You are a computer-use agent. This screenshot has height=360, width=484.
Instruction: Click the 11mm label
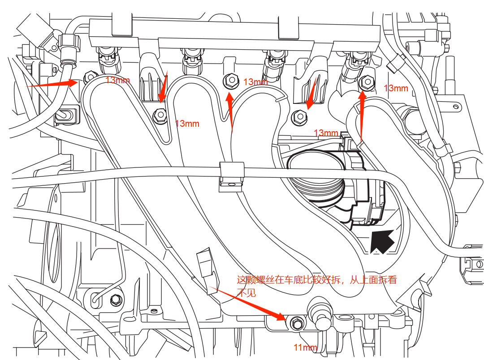coord(305,347)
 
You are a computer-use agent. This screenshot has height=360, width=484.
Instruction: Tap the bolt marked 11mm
coord(296,322)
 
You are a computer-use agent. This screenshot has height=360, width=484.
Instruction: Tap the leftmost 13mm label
coord(117,80)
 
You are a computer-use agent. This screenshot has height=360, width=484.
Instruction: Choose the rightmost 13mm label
coord(396,88)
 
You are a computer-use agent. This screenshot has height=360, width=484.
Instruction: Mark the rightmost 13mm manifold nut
coord(367,82)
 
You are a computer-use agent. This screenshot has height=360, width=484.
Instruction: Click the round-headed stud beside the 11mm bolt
coord(321,317)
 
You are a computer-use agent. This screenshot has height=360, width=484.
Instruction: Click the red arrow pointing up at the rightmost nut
coord(362,116)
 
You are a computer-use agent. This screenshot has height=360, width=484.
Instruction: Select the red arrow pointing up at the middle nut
coord(231,112)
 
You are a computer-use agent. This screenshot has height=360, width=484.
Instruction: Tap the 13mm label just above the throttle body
coord(326,133)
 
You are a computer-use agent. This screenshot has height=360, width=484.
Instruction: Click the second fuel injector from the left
coord(190,60)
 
